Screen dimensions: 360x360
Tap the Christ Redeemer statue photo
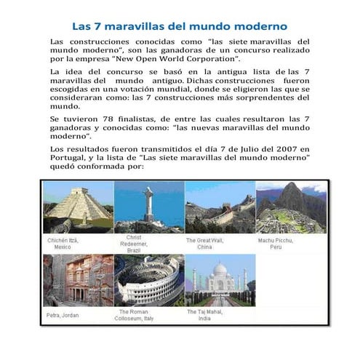pyautogui.click(x=149, y=207)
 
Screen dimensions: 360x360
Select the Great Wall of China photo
pyautogui.click(x=220, y=207)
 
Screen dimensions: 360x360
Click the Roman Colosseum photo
pyautogui.click(x=149, y=279)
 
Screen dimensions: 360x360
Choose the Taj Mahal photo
pyautogui.click(x=220, y=279)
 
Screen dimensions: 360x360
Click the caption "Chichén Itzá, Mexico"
pyautogui.click(x=63, y=242)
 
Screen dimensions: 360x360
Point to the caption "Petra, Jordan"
pyautogui.click(x=63, y=315)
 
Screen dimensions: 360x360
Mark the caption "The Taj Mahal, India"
pyautogui.click(x=206, y=315)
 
